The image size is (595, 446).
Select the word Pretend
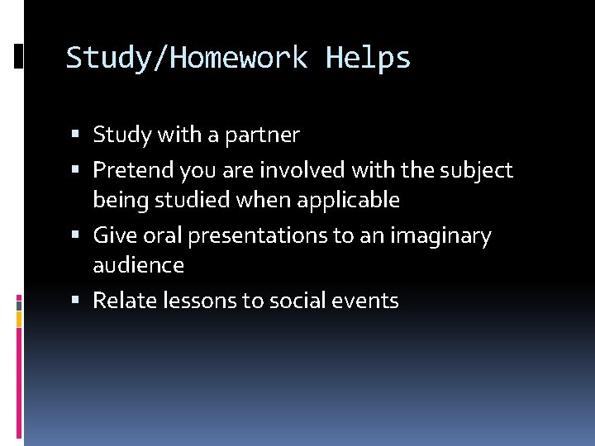click(x=128, y=171)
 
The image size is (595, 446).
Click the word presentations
click(x=258, y=237)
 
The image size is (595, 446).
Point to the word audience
click(x=138, y=265)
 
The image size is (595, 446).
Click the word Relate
click(x=121, y=301)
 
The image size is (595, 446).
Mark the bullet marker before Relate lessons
click(x=76, y=301)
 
